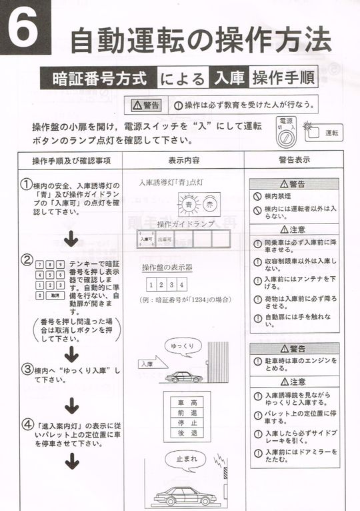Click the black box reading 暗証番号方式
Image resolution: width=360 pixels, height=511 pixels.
[99, 78]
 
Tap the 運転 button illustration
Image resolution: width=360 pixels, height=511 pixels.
[325, 133]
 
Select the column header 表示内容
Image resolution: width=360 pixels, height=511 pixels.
[182, 161]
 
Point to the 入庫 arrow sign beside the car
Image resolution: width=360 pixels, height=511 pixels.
[149, 364]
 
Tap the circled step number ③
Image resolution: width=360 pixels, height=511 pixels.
[27, 369]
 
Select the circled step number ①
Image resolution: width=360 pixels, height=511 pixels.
[27, 184]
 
